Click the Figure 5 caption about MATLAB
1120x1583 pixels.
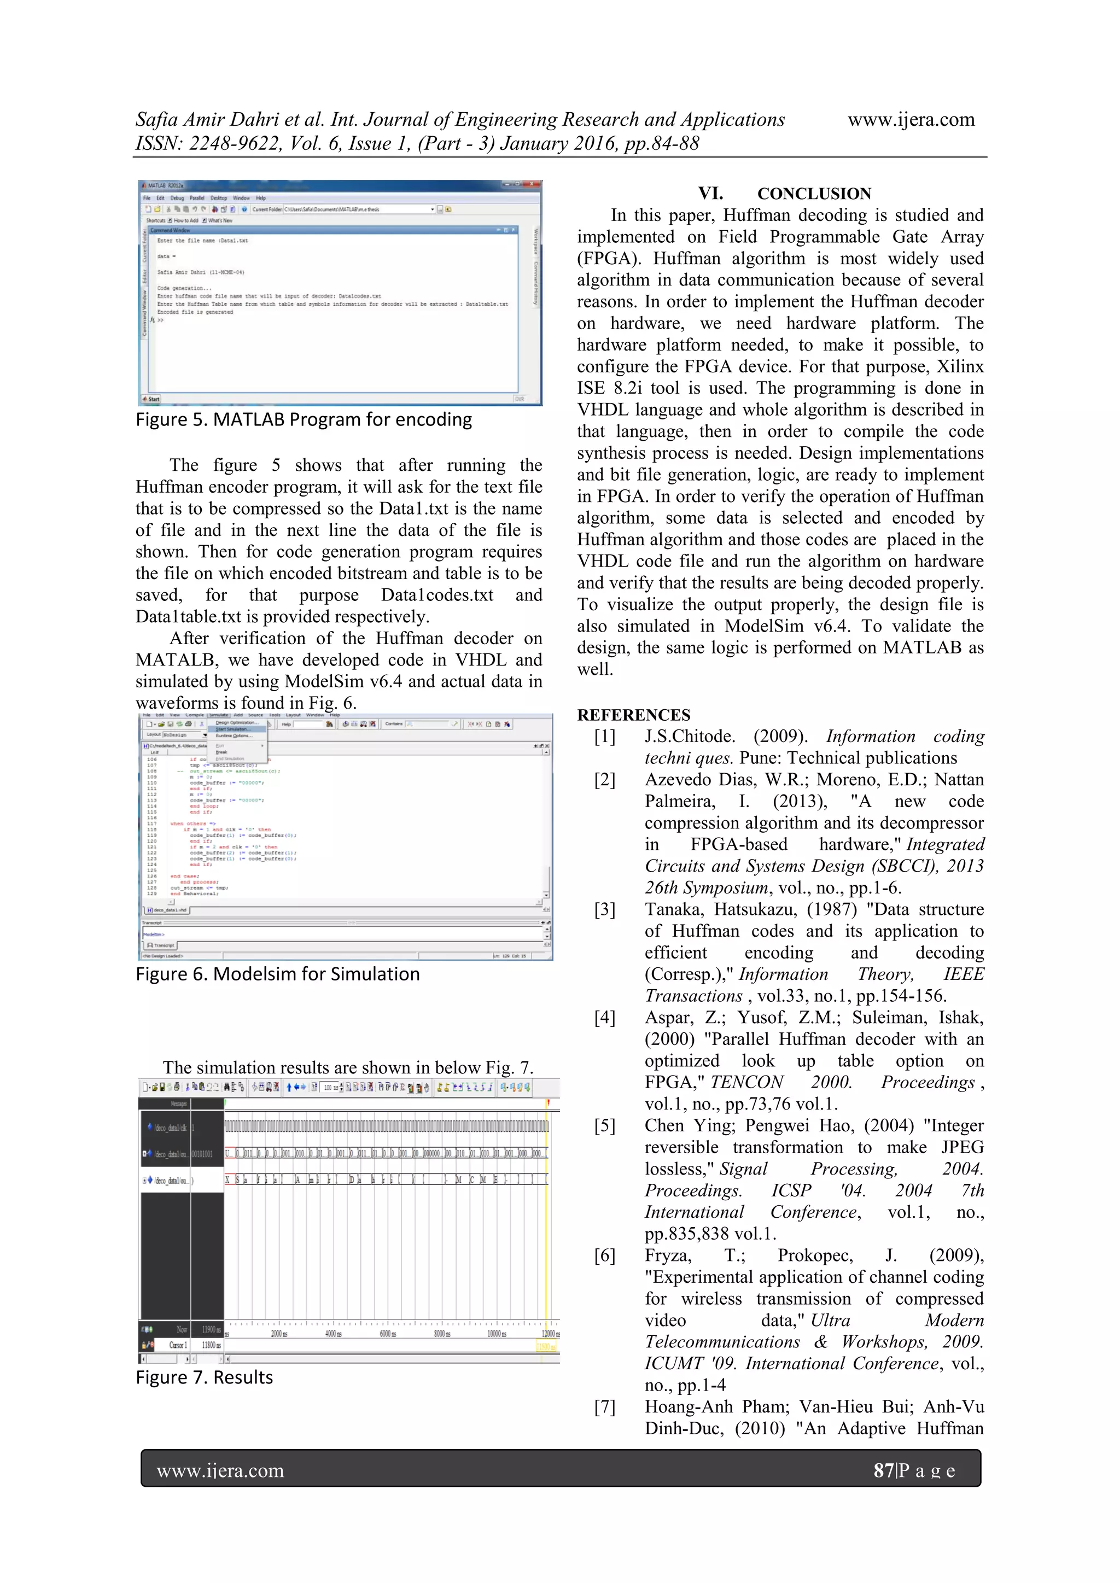tap(304, 420)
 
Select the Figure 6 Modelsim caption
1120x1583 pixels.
tap(277, 974)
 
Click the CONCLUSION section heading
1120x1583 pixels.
tap(814, 194)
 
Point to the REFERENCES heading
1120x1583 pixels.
tap(633, 715)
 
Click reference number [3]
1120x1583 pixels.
tap(605, 909)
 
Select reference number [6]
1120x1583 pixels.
tap(605, 1255)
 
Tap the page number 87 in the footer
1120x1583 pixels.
tap(883, 1470)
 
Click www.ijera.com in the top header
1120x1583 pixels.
tap(911, 120)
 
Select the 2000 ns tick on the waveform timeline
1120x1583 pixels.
tap(278, 1334)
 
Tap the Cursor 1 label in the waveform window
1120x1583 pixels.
tap(178, 1345)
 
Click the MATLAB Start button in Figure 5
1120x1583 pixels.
tap(151, 399)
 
